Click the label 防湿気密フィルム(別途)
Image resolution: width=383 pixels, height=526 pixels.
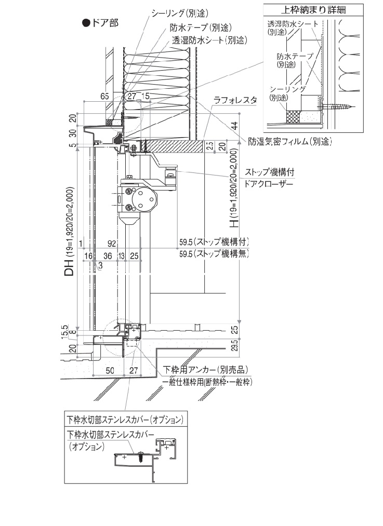[289, 140]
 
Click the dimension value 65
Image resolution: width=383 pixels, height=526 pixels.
[104, 96]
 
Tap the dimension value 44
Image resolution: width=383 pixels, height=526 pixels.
[234, 126]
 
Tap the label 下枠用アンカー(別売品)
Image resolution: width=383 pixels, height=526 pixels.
[205, 370]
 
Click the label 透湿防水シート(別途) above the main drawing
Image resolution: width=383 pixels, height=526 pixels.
[209, 39]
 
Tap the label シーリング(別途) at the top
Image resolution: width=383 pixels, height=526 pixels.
[180, 14]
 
